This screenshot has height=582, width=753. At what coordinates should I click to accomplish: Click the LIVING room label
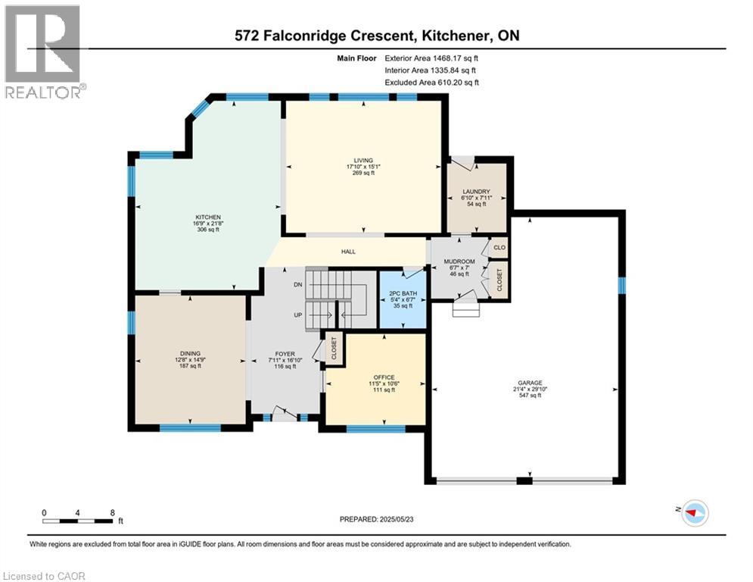363,161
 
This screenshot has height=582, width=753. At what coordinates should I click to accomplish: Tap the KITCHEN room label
208,217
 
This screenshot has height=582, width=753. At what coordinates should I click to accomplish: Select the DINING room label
190,354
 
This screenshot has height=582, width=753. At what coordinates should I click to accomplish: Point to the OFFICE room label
384,377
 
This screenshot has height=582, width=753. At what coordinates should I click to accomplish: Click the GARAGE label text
531,383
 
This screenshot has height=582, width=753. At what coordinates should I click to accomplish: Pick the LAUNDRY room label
476,192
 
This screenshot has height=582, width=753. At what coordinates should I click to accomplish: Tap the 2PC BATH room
403,299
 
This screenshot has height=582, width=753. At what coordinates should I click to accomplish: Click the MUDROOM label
459,261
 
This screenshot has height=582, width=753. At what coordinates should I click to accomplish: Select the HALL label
349,252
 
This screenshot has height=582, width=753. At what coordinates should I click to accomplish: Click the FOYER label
285,354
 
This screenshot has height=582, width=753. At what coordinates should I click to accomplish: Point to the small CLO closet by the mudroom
499,247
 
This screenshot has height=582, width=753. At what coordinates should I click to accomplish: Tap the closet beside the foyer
334,349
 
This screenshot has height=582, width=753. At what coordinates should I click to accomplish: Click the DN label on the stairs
298,285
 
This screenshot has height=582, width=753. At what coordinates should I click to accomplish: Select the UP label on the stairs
298,315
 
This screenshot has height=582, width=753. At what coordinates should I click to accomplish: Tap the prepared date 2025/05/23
397,519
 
